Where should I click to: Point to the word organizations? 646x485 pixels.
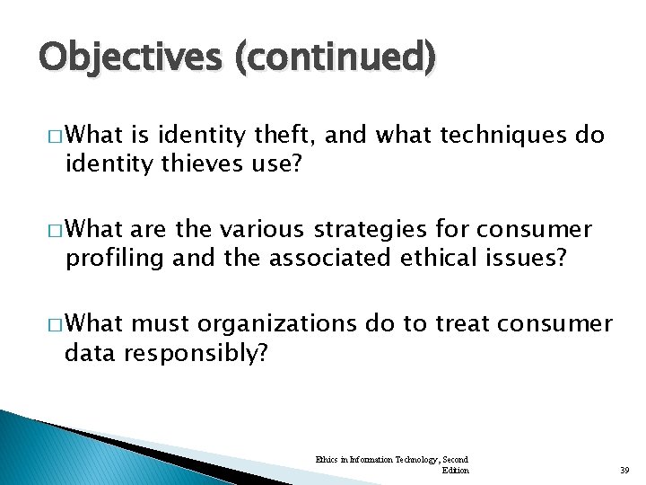[283, 324]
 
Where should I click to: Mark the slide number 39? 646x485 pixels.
[626, 471]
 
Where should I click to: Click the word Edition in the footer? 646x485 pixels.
[456, 470]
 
